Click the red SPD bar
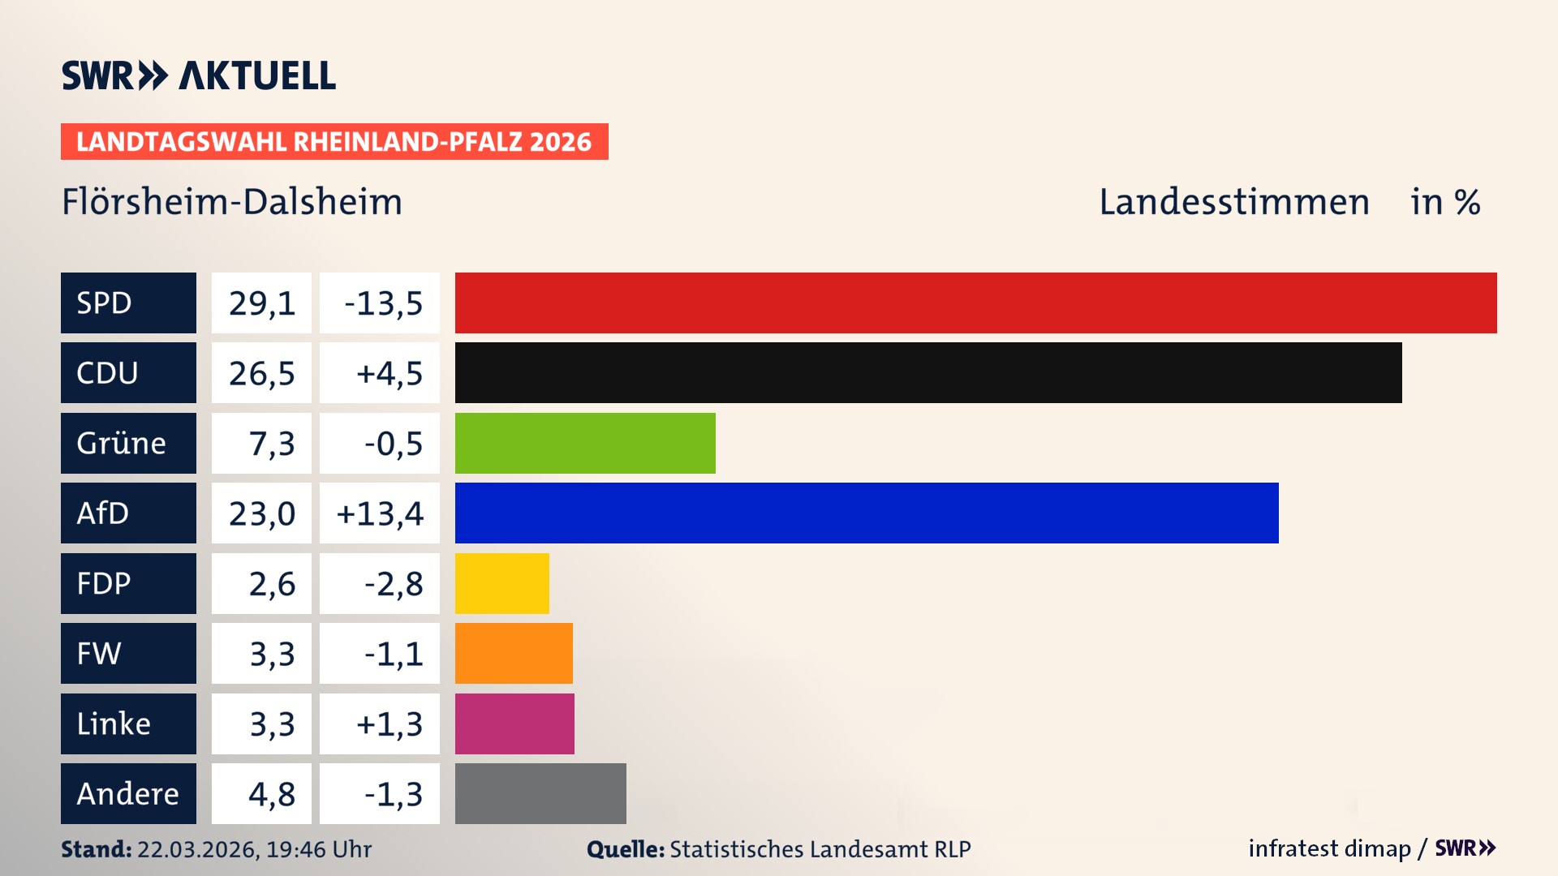[975, 303]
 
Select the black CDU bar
[928, 373]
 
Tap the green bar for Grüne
[585, 443]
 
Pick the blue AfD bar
[867, 513]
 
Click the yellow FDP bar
[501, 583]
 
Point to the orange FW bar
[514, 653]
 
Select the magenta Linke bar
[514, 724]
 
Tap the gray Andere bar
[540, 793]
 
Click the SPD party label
[128, 303]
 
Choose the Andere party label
[128, 793]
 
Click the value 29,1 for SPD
[261, 303]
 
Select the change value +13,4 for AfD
[380, 513]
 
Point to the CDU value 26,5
[261, 373]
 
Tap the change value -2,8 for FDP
[393, 583]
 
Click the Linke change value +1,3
[389, 724]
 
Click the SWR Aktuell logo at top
[199, 75]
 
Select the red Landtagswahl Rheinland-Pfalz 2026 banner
[334, 141]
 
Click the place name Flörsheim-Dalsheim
[232, 201]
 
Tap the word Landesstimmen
[1234, 201]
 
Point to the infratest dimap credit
[1329, 848]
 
